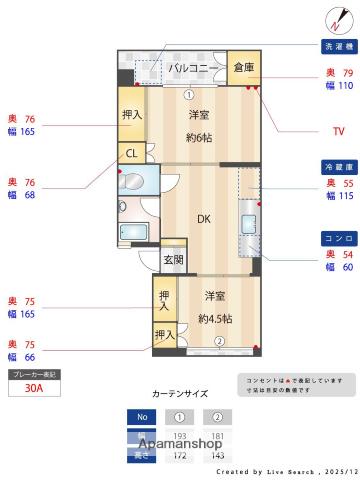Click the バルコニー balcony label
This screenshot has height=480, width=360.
(192, 68)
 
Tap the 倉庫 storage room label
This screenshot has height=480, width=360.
(244, 68)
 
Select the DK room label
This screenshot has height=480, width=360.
(203, 219)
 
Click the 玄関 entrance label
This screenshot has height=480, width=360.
(174, 260)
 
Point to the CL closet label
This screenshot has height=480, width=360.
(131, 154)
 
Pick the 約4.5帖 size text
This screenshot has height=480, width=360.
(215, 319)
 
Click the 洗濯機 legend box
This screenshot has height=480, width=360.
(336, 47)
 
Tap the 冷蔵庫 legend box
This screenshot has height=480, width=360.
(336, 164)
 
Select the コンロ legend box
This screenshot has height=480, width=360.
(336, 238)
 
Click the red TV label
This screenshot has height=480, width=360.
(338, 131)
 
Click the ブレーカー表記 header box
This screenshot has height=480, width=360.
(34, 374)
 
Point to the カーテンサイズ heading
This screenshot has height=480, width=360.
(180, 395)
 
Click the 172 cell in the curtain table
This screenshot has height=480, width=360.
(181, 456)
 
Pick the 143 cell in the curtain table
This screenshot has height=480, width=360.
(217, 456)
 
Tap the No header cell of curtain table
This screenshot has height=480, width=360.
(142, 417)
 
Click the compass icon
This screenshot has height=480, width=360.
(335, 17)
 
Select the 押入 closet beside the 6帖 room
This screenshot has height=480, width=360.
(131, 115)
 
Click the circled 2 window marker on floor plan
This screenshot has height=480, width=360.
(219, 342)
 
